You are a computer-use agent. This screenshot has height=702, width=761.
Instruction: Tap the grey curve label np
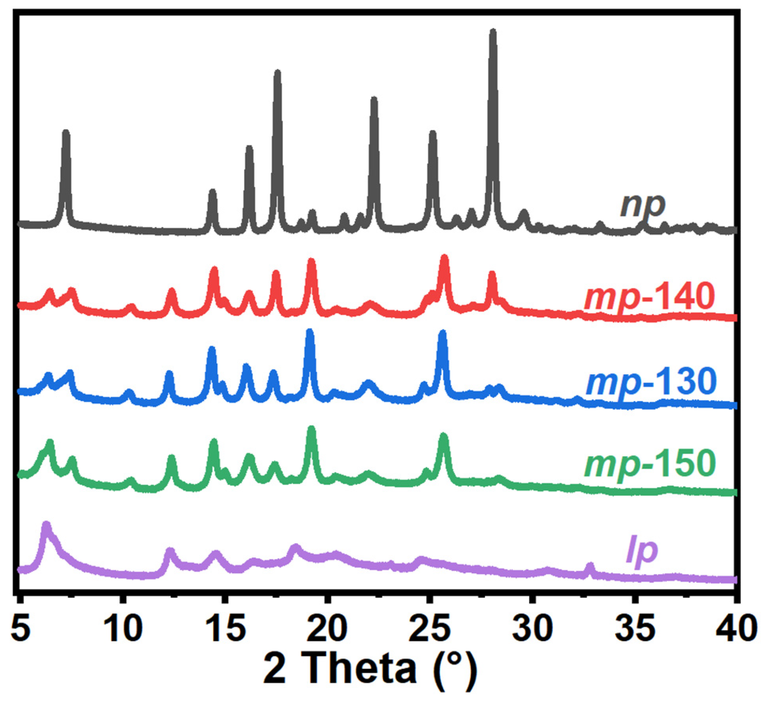coord(643,205)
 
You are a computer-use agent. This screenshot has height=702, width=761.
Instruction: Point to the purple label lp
coord(642,550)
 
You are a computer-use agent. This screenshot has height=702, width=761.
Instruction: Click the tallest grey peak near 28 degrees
coord(493,32)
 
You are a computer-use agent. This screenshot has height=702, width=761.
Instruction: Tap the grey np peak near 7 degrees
coord(66,132)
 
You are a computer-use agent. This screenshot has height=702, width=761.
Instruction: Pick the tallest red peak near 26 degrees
coord(444,258)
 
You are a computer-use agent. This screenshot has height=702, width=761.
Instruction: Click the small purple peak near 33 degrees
coord(590,566)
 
